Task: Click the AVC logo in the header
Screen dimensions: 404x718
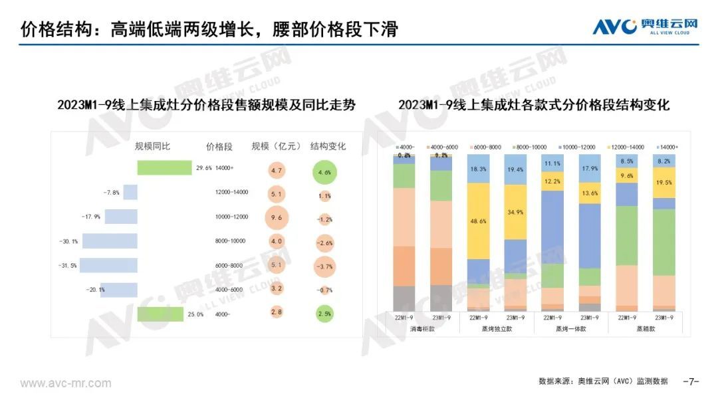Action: (646, 27)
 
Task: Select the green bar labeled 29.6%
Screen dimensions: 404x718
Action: (164, 167)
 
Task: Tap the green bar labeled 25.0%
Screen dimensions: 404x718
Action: (160, 314)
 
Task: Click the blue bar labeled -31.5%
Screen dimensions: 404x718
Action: (109, 266)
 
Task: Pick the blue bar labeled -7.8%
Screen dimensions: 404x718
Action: (130, 192)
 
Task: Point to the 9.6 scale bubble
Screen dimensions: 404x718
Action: (277, 217)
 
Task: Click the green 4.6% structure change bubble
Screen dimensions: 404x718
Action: (324, 171)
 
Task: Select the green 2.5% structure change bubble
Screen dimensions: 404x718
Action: (324, 314)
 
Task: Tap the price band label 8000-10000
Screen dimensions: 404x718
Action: (232, 241)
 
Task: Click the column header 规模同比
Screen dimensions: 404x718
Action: (153, 146)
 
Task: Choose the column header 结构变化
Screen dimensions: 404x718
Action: (328, 146)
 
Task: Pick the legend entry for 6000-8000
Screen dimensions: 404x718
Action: (489, 146)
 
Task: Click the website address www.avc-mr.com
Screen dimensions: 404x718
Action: (66, 383)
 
